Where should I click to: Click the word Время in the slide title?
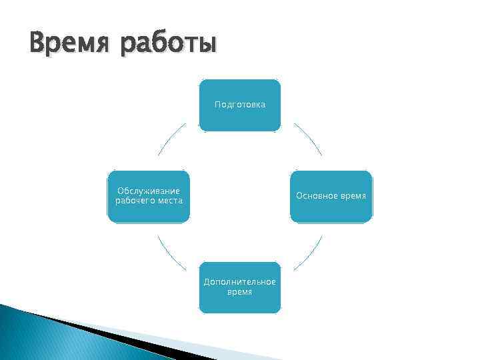tap(64, 43)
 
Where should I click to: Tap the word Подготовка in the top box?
tap(240, 105)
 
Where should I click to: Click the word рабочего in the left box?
tap(133, 201)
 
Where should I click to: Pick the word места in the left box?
tap(167, 201)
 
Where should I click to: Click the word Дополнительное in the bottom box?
tap(240, 283)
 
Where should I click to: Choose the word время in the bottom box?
tap(240, 292)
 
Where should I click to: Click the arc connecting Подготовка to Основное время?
tap(309, 138)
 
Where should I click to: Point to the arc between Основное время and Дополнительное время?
tap(309, 253)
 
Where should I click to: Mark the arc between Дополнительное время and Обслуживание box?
tap(171, 253)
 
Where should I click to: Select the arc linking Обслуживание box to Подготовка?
tap(171, 138)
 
